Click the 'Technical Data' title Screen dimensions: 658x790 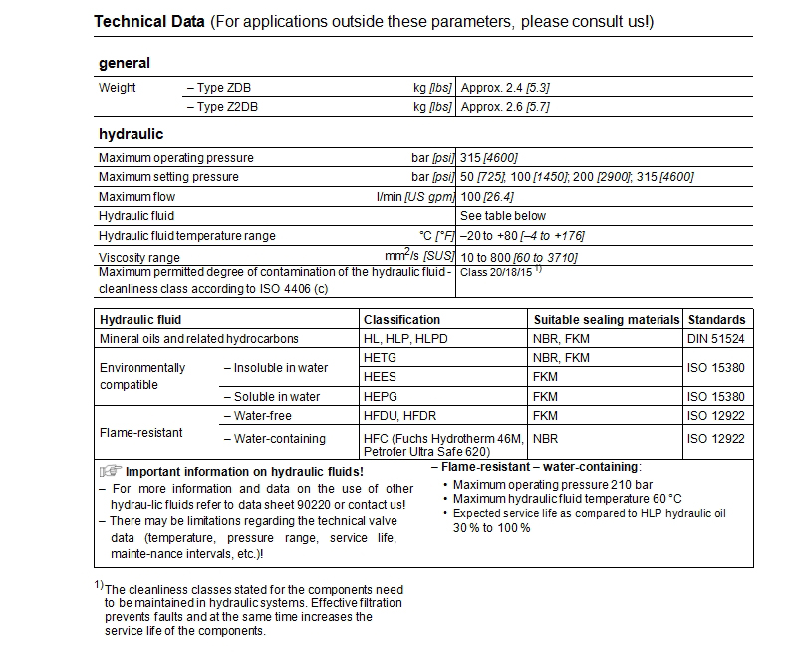[x=148, y=22]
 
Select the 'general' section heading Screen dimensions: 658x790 [x=125, y=63]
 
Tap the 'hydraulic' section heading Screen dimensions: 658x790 [x=131, y=133]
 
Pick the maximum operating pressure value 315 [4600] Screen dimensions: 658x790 [x=488, y=158]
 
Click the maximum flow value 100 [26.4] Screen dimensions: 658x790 [x=488, y=196]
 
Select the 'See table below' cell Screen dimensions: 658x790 [x=503, y=216]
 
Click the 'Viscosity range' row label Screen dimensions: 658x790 [x=139, y=257]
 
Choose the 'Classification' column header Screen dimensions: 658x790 [x=401, y=320]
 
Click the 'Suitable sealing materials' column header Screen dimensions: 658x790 [x=606, y=320]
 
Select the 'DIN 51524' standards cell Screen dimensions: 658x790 [x=716, y=339]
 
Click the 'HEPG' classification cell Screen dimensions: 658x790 [x=381, y=396]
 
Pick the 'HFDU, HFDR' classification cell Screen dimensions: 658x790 [x=401, y=415]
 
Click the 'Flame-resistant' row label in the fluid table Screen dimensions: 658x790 [x=141, y=433]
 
